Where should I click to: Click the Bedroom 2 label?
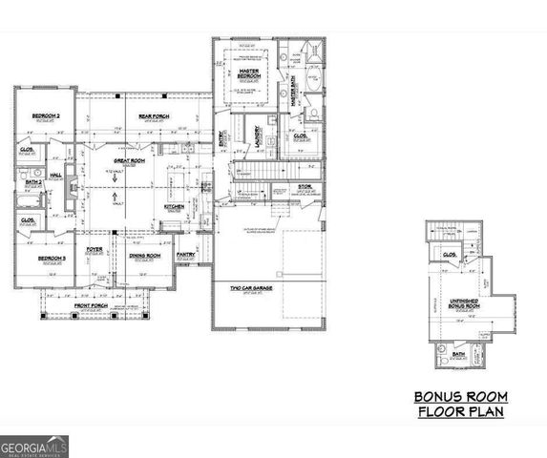click(46, 114)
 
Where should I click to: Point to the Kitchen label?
click(174, 206)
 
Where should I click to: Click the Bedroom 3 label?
click(51, 259)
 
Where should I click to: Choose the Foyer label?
click(95, 250)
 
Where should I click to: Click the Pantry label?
click(185, 255)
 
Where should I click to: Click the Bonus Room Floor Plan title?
click(460, 404)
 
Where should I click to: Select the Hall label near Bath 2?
click(56, 175)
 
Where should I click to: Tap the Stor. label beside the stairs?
click(305, 186)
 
